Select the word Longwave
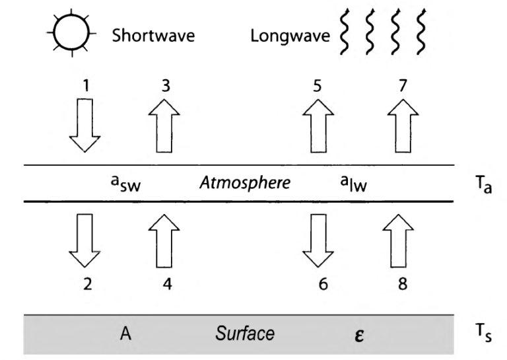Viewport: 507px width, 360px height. pos(289,35)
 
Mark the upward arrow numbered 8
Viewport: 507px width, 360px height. pos(399,242)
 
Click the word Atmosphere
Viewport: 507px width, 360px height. pos(245,183)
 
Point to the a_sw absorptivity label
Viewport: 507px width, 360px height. pos(125,185)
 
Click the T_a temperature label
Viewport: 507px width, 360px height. pos(484,184)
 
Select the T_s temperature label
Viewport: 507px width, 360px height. pos(483,334)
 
